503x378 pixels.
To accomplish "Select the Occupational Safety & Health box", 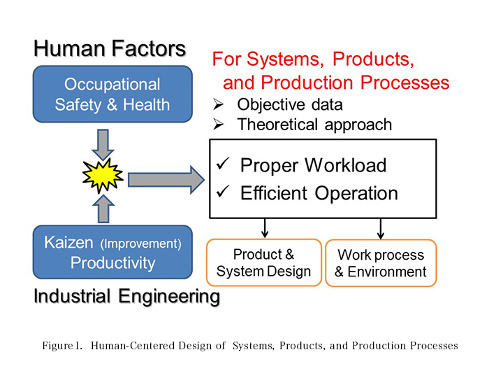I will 112,94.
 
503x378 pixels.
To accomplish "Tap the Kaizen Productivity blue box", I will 112,253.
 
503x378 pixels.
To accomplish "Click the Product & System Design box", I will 264,262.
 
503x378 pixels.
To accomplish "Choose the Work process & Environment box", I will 381,263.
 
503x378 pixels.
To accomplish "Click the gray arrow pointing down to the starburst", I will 103,143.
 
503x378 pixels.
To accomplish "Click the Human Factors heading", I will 110,49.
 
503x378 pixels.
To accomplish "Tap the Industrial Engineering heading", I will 126,296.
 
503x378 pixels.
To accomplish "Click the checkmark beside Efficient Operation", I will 224,193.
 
